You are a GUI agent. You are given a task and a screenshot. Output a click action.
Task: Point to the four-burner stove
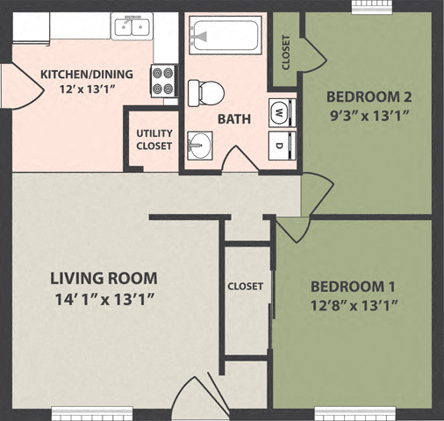[163, 81]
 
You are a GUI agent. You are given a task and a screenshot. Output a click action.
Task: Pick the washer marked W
[279, 112]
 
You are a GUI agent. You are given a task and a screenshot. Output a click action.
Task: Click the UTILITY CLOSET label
[154, 139]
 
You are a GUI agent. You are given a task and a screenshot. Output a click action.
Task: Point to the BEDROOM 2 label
[369, 96]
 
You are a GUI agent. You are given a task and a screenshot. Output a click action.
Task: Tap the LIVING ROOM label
[104, 279]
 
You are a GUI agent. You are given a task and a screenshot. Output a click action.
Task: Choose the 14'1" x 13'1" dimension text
[104, 298]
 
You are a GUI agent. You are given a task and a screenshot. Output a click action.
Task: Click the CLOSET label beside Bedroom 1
[246, 286]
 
